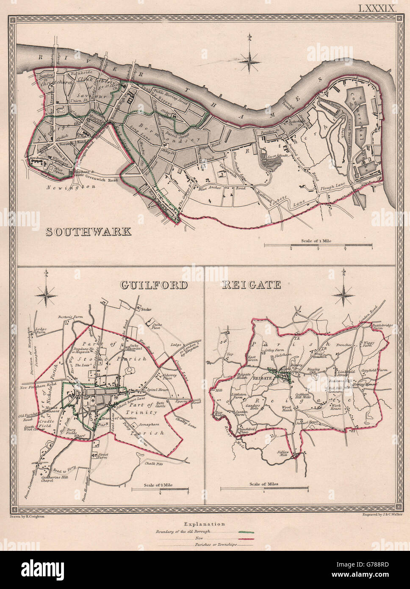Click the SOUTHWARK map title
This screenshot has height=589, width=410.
coord(88,232)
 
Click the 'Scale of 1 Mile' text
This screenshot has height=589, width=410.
coord(316,240)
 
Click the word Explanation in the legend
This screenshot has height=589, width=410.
coord(205,524)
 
